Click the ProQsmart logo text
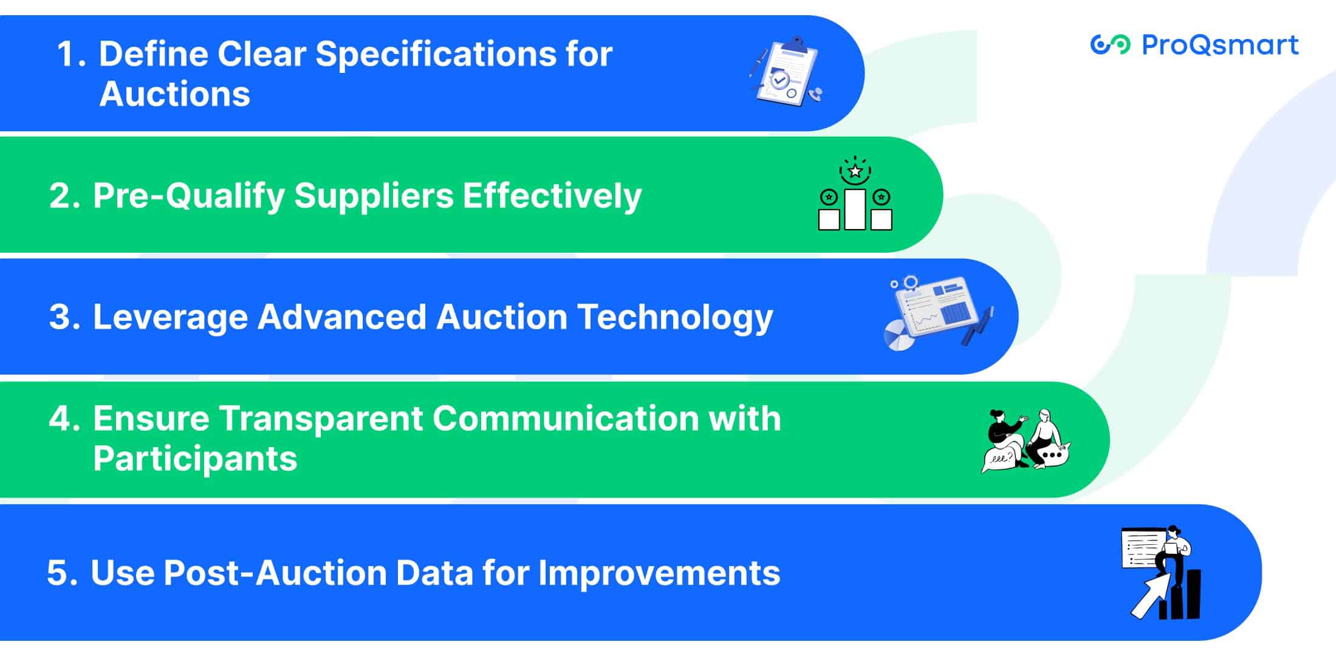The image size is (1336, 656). click(1220, 45)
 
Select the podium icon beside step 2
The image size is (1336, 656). click(855, 194)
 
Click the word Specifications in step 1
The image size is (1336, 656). click(434, 53)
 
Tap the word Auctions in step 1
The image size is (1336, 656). click(174, 94)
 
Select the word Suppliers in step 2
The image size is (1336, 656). click(374, 196)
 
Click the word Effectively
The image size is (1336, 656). click(552, 196)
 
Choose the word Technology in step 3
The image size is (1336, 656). click(675, 317)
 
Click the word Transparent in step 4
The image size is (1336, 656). click(320, 419)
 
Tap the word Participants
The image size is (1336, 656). click(195, 458)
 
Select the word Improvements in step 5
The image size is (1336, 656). click(659, 573)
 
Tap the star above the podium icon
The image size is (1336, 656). click(855, 171)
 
